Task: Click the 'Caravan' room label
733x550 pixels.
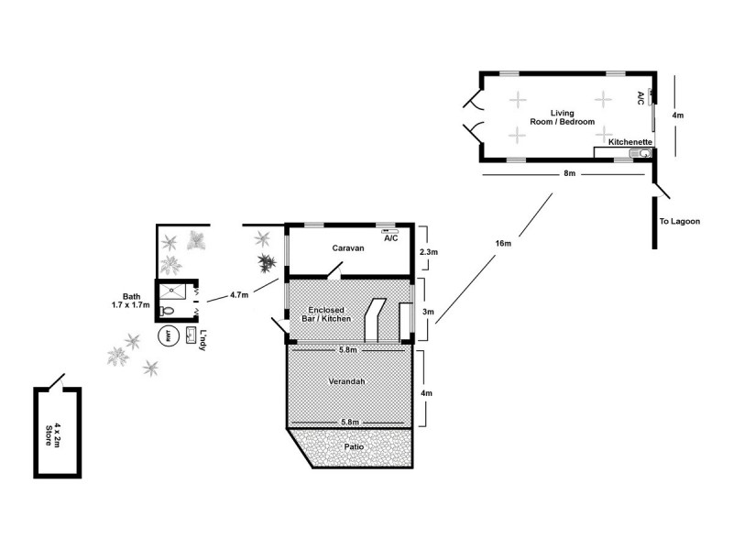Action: point(348,248)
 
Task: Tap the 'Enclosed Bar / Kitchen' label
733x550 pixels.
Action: point(326,314)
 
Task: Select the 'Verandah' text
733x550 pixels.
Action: point(347,380)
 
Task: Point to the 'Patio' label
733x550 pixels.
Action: point(354,447)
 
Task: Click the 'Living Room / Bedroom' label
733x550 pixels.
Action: point(566,117)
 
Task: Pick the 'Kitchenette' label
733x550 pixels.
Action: point(629,143)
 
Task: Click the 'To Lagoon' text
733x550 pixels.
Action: point(681,222)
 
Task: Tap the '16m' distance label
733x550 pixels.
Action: point(501,243)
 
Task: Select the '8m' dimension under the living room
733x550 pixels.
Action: point(569,173)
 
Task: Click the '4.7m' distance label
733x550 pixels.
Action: point(240,295)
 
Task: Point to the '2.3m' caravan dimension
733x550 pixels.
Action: point(430,251)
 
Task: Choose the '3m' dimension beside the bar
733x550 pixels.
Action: point(427,312)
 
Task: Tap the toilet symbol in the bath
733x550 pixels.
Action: point(166,311)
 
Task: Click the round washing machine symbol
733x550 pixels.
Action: point(169,335)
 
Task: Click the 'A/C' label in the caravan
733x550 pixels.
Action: point(391,238)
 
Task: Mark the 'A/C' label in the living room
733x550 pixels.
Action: point(640,98)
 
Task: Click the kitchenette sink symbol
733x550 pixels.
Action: point(644,154)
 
